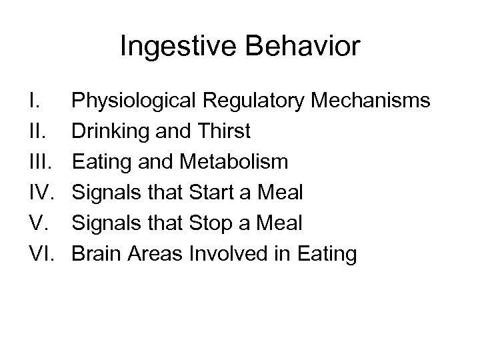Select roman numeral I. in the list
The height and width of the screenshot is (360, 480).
pos(34,101)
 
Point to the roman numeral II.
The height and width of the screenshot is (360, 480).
pos(37,132)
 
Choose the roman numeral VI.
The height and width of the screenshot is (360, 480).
pos(41,254)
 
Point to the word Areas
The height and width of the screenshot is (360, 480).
pos(152,254)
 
